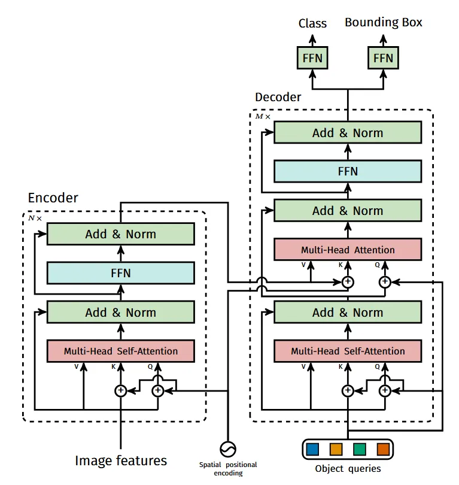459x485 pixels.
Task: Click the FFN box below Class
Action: coord(312,58)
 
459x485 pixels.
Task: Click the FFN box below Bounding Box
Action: coord(383,58)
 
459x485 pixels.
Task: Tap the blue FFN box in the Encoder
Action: coord(120,274)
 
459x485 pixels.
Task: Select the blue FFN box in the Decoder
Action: coord(348,172)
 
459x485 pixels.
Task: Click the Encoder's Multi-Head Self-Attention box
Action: coord(120,351)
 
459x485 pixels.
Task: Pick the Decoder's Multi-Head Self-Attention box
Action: coord(348,351)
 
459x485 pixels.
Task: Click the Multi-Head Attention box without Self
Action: coord(348,250)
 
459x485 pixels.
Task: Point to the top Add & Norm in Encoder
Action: coord(120,234)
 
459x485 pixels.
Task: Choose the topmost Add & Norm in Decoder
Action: coord(348,133)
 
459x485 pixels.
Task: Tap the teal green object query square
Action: coord(360,448)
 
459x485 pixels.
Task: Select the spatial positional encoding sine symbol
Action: coord(228,448)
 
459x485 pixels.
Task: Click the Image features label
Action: coord(121,460)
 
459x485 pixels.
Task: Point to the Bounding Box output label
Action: coord(383,23)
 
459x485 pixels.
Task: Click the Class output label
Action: coord(312,23)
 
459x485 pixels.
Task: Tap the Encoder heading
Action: coord(53,198)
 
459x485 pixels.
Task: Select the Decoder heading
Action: coord(278,97)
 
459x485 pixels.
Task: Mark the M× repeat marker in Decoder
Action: coord(263,116)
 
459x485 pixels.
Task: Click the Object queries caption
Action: coord(348,469)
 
